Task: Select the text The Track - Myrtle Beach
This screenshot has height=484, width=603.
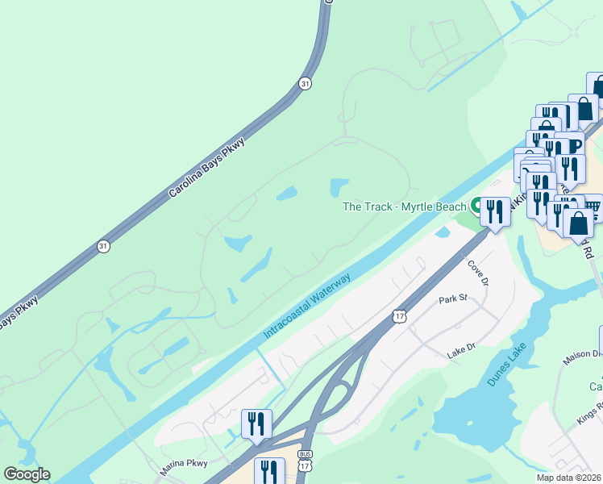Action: (405, 207)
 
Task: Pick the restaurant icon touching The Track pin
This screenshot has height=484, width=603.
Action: (495, 211)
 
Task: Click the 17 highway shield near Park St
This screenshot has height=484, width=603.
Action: (400, 317)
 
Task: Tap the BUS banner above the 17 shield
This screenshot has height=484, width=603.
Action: (304, 454)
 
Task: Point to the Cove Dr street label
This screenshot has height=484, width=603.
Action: (477, 270)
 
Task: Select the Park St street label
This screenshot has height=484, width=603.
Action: (453, 299)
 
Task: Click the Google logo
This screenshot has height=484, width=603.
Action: (26, 474)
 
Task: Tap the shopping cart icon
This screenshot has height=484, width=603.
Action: (593, 207)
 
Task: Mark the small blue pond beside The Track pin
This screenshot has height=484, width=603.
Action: (443, 232)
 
